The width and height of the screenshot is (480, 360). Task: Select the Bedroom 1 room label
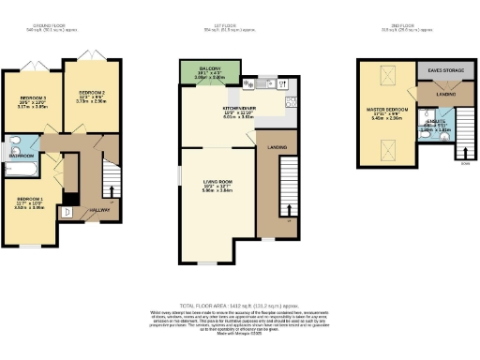pyautogui.click(x=31, y=199)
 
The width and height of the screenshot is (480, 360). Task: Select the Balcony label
pyautogui.click(x=208, y=69)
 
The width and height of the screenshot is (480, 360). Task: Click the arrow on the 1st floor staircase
pyautogui.click(x=288, y=221)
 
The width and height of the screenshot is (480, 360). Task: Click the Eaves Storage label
pyautogui.click(x=443, y=70)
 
